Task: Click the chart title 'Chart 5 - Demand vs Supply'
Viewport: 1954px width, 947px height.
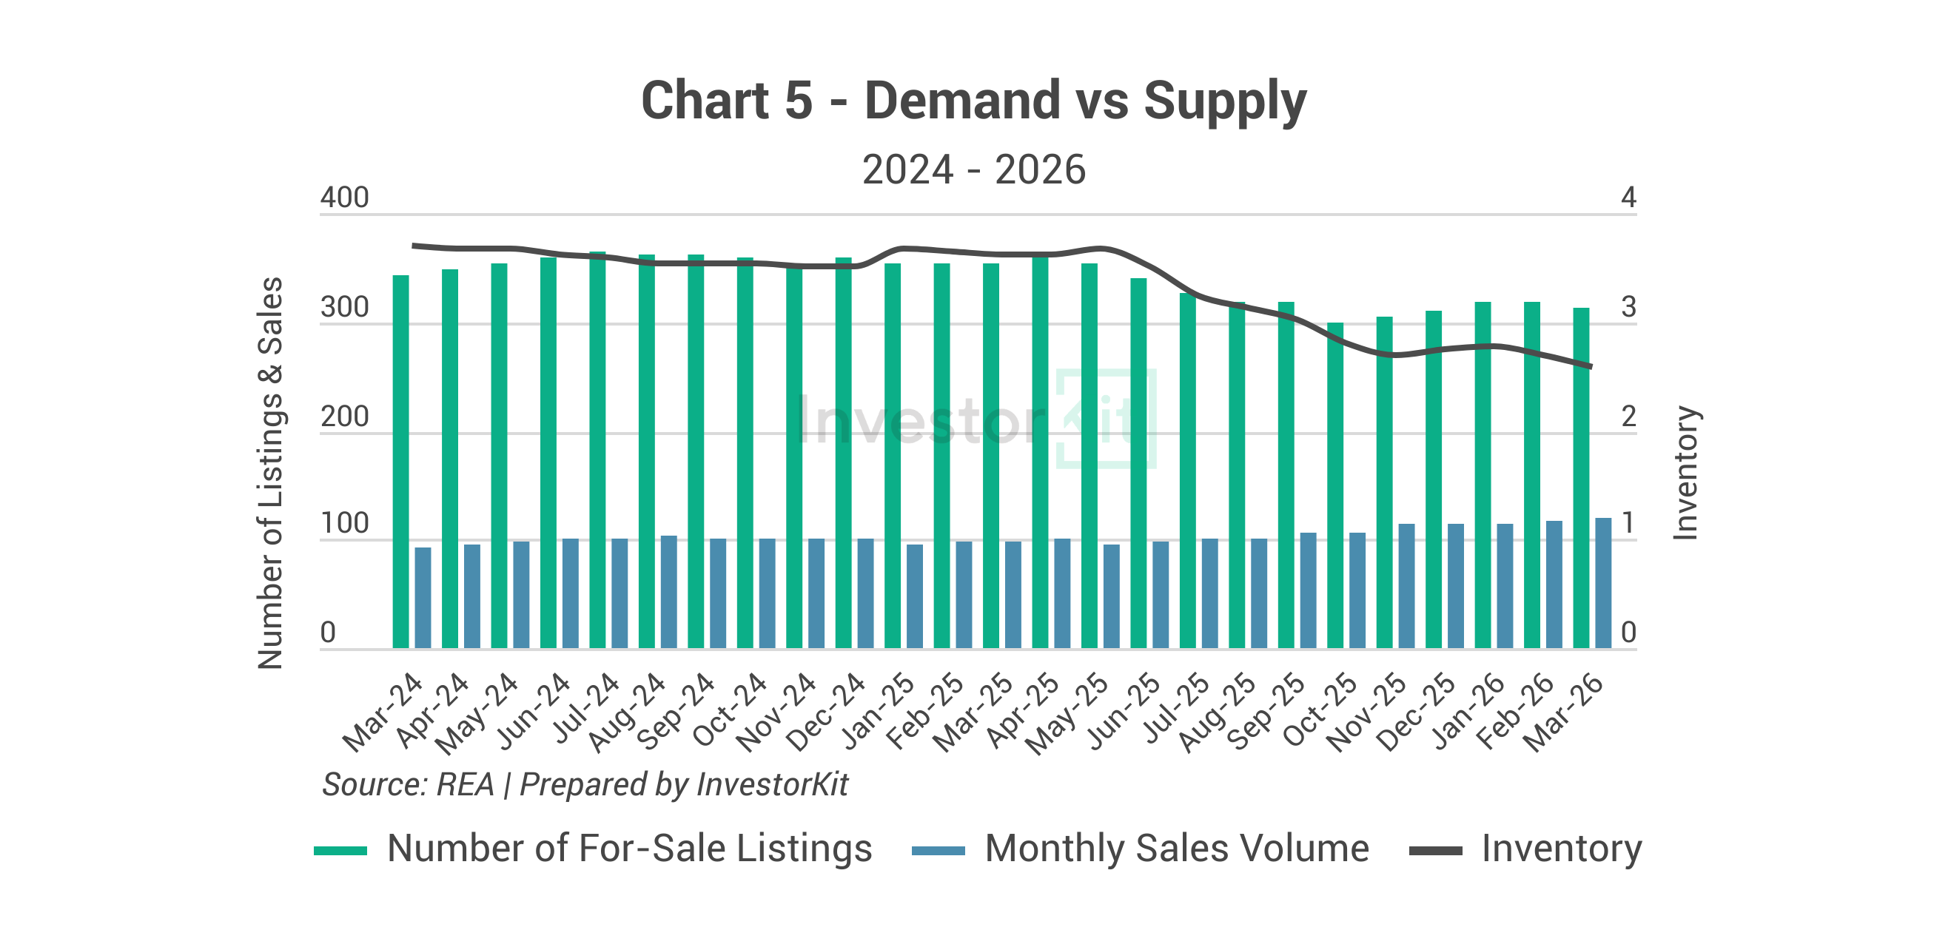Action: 974,100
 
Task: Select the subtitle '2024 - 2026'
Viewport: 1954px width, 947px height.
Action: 974,169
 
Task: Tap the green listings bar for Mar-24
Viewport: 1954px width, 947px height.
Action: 400,462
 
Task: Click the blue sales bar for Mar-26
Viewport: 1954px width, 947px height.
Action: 1602,583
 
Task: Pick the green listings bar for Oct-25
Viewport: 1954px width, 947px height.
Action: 1335,485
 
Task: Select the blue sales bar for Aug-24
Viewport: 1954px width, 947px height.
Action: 668,592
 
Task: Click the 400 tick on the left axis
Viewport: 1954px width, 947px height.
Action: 344,198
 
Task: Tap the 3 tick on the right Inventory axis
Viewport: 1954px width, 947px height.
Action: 1628,308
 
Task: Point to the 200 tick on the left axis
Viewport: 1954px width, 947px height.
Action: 344,418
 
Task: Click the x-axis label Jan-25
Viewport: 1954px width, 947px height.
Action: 880,712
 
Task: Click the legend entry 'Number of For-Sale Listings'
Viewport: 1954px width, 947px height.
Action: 630,849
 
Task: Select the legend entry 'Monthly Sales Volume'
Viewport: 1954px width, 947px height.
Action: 1177,849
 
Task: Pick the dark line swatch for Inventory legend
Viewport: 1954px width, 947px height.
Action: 1435,851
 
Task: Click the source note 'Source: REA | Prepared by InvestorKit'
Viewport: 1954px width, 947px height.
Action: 585,785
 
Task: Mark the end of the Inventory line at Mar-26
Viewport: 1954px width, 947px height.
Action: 1591,367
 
